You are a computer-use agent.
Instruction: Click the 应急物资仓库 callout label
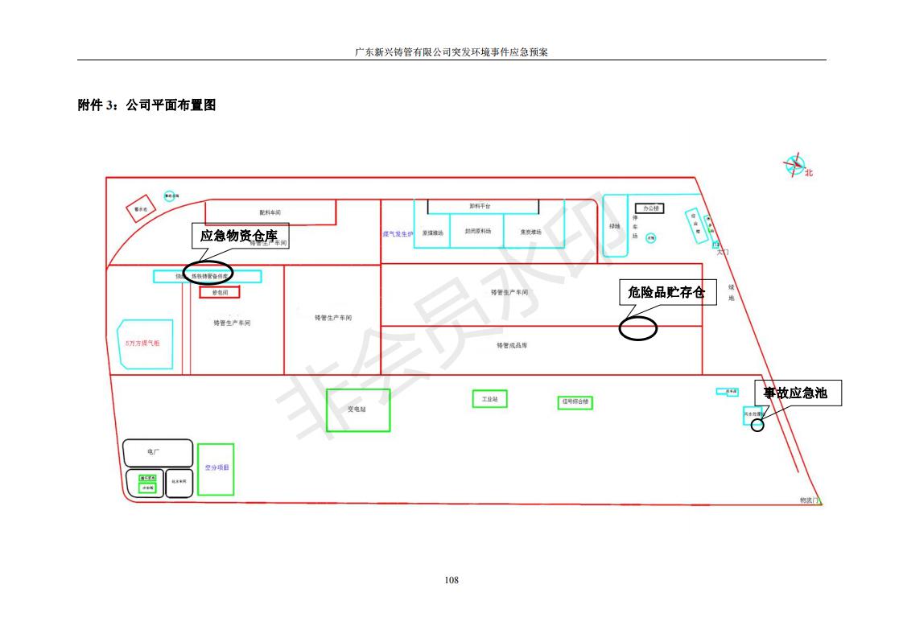(238, 236)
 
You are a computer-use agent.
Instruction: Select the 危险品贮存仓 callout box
(666, 292)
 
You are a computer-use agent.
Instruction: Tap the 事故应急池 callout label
(795, 393)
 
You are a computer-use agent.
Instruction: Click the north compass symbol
(796, 166)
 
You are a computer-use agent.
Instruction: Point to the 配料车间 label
(270, 212)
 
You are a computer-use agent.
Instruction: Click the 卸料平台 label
(480, 207)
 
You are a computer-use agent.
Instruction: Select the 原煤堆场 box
(433, 232)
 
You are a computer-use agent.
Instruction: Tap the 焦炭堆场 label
(531, 232)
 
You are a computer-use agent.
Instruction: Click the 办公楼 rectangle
(649, 208)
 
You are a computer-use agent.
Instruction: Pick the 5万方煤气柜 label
(142, 343)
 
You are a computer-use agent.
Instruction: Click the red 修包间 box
(220, 293)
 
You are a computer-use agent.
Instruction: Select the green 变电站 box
(357, 410)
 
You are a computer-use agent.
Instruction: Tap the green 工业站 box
(489, 399)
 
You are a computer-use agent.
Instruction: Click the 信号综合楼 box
(575, 401)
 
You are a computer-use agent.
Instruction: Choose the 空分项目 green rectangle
(216, 469)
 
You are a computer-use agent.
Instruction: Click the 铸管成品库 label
(512, 345)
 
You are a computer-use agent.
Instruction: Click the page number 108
(451, 579)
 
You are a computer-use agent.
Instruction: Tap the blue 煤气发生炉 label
(398, 234)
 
